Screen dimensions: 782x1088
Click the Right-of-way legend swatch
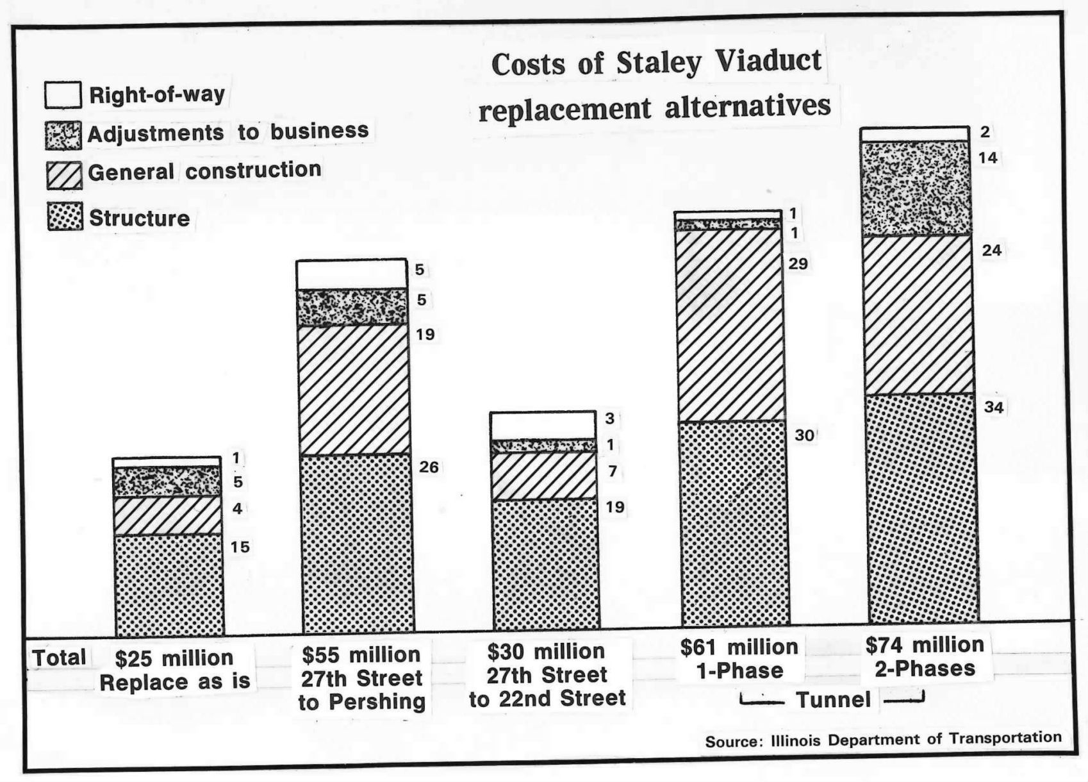63,95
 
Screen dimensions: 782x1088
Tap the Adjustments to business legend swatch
63,135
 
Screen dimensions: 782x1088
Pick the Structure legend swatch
65,217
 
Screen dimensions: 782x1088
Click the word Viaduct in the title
768,62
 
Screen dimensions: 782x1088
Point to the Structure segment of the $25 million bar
169,583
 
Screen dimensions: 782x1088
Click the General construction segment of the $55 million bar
353,390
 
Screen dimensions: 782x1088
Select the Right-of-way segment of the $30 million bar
543,425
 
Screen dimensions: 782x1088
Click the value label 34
993,407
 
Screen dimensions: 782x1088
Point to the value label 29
798,263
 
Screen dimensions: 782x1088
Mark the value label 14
988,158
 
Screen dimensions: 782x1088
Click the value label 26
429,467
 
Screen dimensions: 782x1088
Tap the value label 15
240,547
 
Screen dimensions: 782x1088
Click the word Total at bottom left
59,658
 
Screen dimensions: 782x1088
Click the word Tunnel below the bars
833,699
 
